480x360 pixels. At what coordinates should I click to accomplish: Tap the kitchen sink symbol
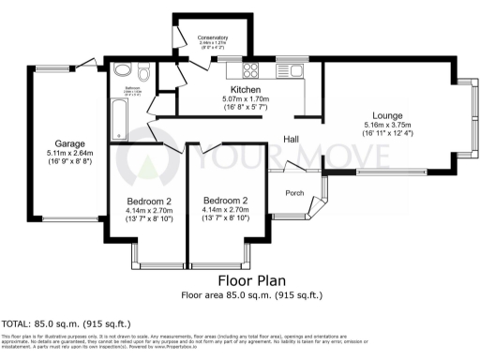tap(287, 69)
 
